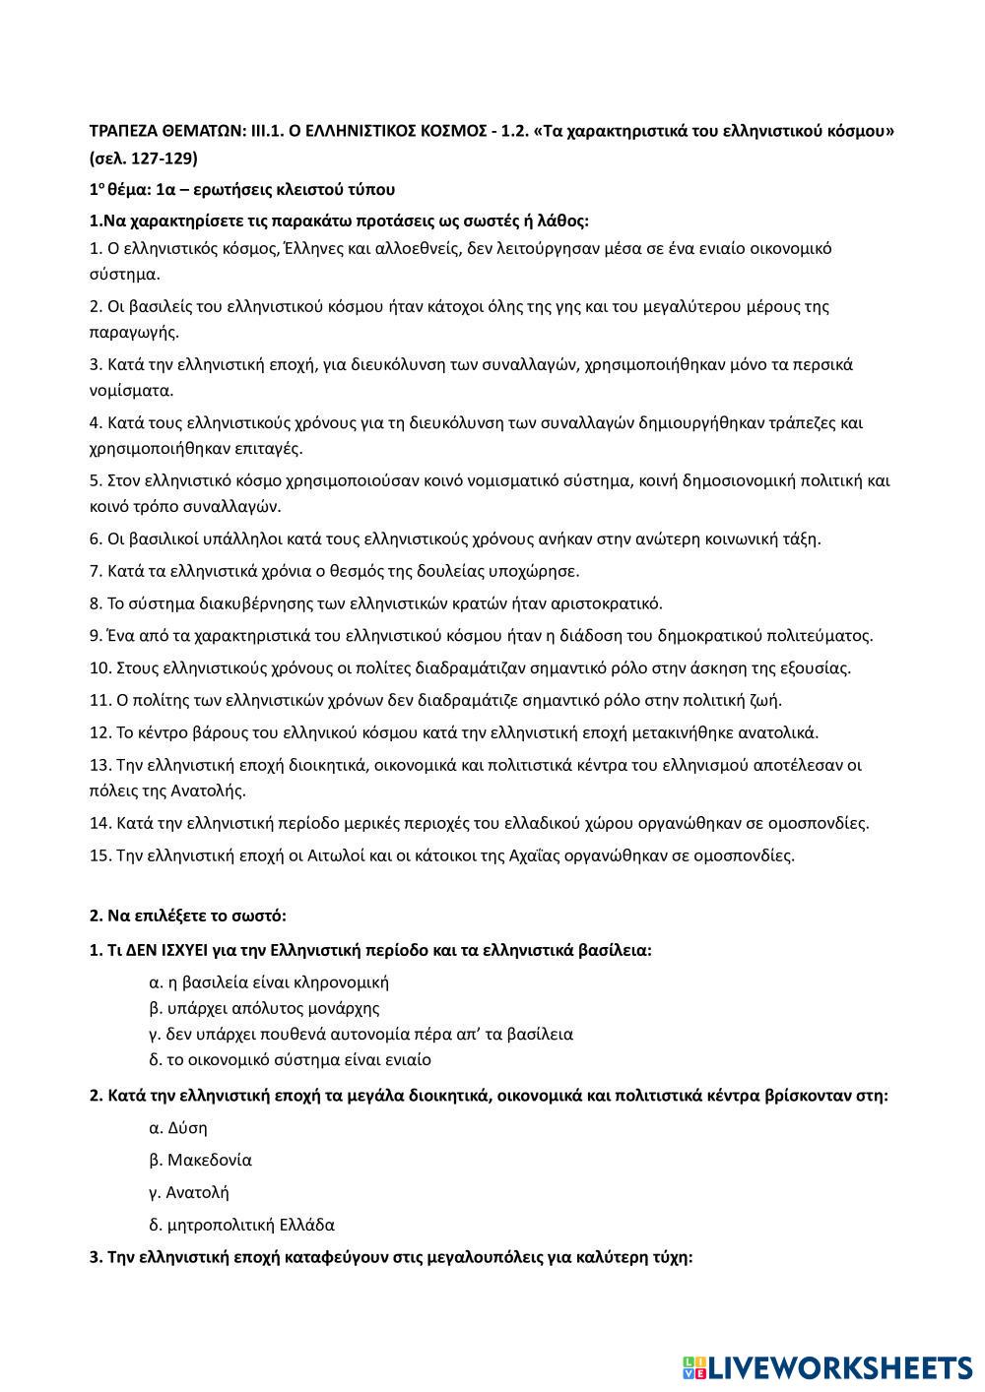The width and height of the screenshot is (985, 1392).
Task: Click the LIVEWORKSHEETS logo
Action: pyautogui.click(x=826, y=1366)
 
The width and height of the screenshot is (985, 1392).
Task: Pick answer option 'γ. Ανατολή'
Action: pyautogui.click(x=189, y=1192)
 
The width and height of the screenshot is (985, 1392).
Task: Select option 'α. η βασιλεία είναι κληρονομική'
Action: pyautogui.click(x=269, y=981)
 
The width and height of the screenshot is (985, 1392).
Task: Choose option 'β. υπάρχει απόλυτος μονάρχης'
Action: pyautogui.click(x=264, y=1008)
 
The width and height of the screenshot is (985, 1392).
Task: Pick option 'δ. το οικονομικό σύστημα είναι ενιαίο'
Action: pyautogui.click(x=290, y=1060)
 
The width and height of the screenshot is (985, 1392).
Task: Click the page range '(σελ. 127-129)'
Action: pyautogui.click(x=144, y=158)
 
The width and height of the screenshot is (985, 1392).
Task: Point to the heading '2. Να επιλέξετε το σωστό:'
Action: pyautogui.click(x=188, y=916)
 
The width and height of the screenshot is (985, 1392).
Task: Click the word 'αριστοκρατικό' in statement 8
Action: pyautogui.click(x=611, y=603)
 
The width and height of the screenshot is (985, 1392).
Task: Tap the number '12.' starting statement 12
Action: pyautogui.click(x=100, y=732)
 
